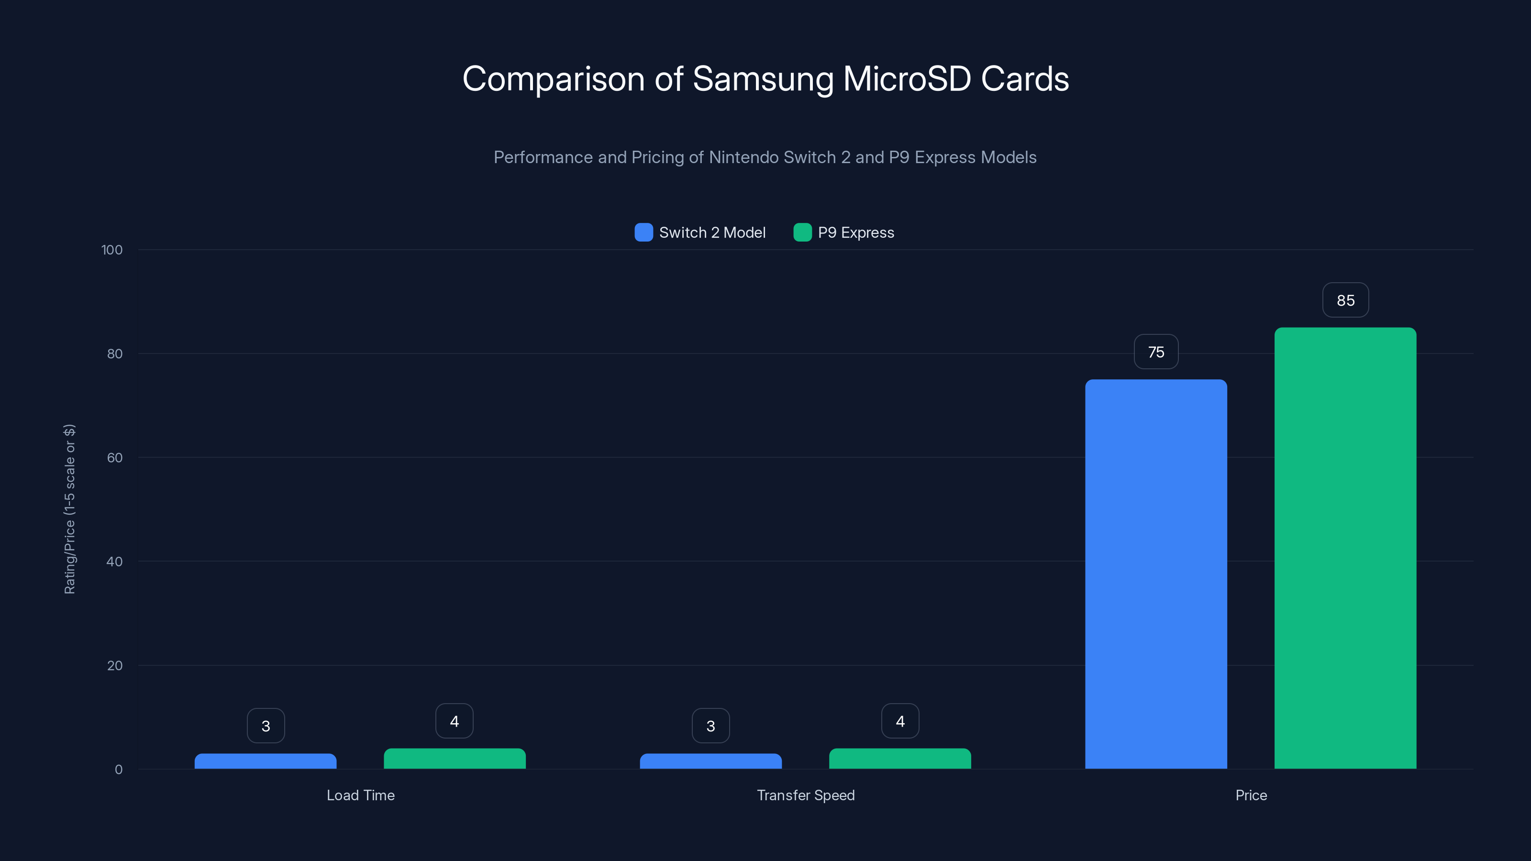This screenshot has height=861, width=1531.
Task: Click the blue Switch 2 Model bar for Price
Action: [1156, 574]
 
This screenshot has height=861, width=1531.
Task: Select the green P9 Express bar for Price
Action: [1345, 547]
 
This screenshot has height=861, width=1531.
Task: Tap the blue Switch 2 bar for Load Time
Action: [265, 761]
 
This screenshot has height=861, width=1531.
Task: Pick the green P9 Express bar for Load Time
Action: [455, 759]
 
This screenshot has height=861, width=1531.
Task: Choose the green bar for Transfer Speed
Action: [900, 759]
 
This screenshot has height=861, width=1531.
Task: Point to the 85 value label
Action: [1345, 300]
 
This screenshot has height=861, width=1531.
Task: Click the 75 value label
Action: [1156, 352]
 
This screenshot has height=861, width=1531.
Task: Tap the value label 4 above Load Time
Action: [455, 721]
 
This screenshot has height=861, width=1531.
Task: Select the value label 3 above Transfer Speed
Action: [711, 726]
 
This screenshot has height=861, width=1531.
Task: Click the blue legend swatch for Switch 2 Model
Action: [643, 232]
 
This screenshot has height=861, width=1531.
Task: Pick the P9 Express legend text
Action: [856, 232]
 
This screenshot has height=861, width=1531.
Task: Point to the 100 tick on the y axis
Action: [112, 250]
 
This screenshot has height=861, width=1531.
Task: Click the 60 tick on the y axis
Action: [115, 458]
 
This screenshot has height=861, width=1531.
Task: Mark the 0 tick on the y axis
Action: [118, 770]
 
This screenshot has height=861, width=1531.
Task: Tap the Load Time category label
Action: [361, 795]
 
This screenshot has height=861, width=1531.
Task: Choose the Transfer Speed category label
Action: [806, 795]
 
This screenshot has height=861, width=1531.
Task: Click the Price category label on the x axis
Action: [1251, 795]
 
